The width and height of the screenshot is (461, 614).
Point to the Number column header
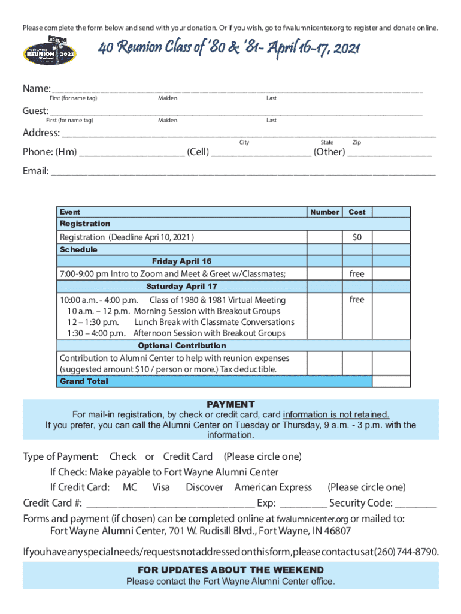(325, 212)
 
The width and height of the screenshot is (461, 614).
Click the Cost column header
(357, 212)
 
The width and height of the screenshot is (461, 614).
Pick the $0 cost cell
(357, 237)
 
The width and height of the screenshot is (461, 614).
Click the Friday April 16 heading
(182, 261)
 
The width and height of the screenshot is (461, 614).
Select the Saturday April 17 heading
(182, 287)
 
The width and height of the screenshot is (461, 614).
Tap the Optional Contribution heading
(182, 346)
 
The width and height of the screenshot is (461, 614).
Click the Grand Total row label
(84, 381)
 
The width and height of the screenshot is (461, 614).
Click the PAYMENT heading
(230, 405)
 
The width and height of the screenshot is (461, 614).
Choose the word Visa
(162, 487)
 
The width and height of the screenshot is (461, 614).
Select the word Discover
(204, 487)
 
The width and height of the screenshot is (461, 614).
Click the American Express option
(273, 487)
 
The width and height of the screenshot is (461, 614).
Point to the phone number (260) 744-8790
(407, 551)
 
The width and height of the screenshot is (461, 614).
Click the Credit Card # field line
(170, 506)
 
